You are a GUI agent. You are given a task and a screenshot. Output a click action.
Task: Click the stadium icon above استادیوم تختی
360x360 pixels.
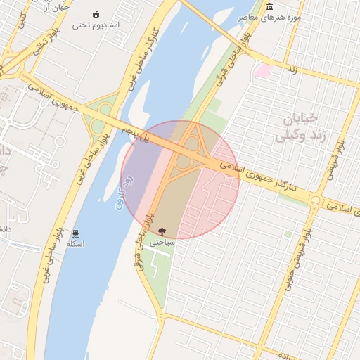coord(96,14)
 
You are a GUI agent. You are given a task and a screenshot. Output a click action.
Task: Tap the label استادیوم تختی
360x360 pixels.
coord(96,25)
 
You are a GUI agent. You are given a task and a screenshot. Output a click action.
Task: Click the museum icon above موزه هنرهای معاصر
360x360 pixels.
coord(270,7)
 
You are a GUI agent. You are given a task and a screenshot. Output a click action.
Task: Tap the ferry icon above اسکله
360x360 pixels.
coord(75,233)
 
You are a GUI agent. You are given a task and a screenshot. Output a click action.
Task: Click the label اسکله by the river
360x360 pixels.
coord(75,243)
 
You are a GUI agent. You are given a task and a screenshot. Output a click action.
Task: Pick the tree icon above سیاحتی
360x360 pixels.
coord(162,230)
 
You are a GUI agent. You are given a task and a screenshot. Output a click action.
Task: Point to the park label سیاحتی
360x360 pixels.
coord(162,240)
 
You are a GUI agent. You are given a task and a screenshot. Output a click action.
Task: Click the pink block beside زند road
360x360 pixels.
coord(263,70)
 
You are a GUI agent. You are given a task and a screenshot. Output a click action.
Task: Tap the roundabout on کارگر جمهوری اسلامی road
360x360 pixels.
coord(314,202)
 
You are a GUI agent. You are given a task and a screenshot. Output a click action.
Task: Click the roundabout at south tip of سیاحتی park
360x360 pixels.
coord(161,316)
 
